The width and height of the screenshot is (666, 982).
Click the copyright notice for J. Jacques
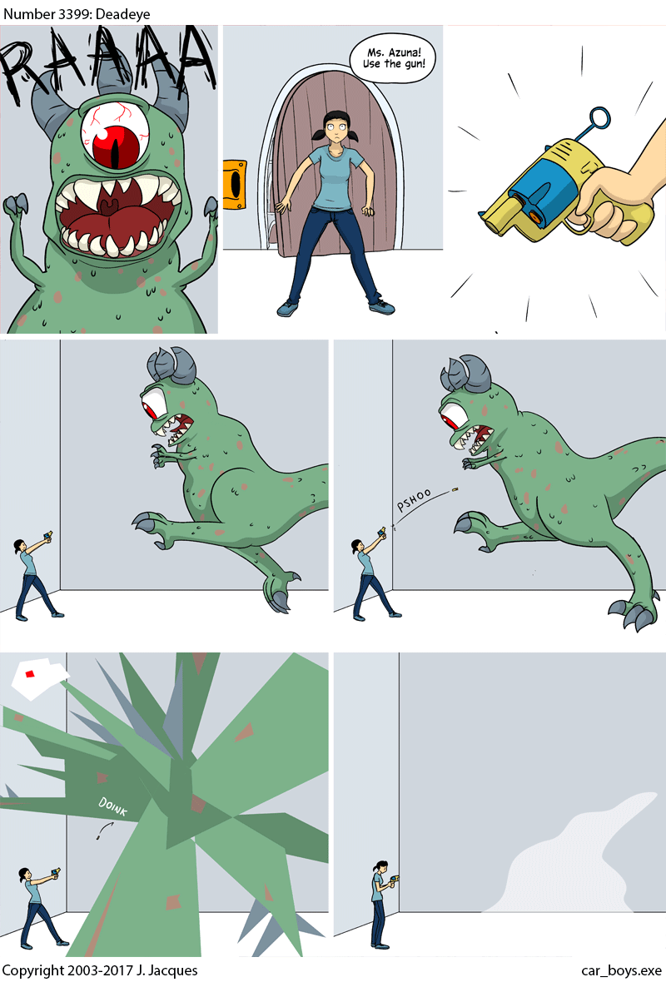click(100, 970)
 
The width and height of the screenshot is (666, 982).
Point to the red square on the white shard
click(30, 673)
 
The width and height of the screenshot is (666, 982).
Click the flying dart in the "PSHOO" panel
click(455, 489)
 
